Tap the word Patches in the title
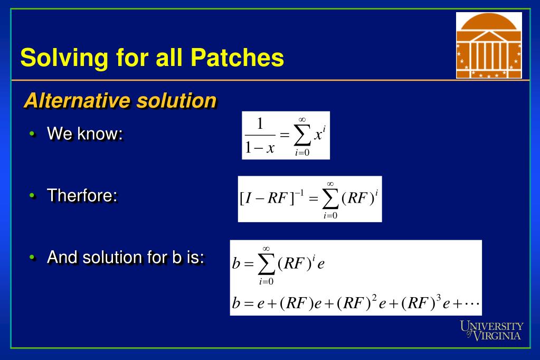pyautogui.click(x=237, y=57)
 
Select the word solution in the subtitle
pyautogui.click(x=176, y=101)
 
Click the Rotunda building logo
pyautogui.click(x=489, y=45)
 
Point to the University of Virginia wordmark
pyautogui.click(x=491, y=331)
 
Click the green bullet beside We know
pyautogui.click(x=32, y=134)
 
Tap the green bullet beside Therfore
pyautogui.click(x=32, y=195)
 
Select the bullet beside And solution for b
pyautogui.click(x=32, y=257)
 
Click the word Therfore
pyautogui.click(x=82, y=195)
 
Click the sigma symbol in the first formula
pyautogui.click(x=302, y=136)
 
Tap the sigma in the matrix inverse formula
pyautogui.click(x=330, y=200)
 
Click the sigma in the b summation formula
pyautogui.click(x=266, y=264)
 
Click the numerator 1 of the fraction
pyautogui.click(x=260, y=124)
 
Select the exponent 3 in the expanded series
pyautogui.click(x=439, y=297)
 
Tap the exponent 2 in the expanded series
pyautogui.click(x=374, y=297)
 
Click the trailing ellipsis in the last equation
pyautogui.click(x=471, y=304)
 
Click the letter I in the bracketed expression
pyautogui.click(x=249, y=198)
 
